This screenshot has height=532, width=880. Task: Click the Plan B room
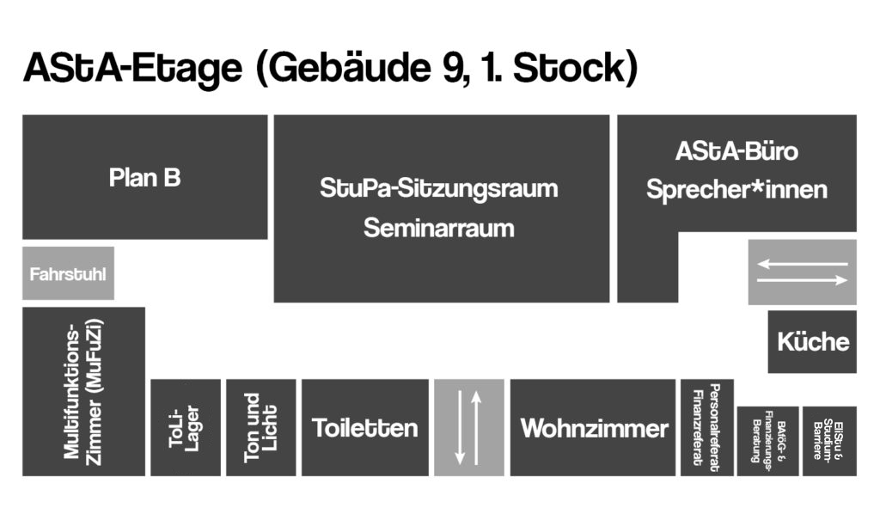point(144,177)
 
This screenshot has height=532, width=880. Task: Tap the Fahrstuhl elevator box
point(69,273)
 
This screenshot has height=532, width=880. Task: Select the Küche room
point(812,342)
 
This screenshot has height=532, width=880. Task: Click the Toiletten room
point(364,428)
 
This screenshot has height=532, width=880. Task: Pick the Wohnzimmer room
point(593,428)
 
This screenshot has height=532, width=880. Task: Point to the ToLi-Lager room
point(186,428)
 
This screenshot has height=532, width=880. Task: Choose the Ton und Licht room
point(261,428)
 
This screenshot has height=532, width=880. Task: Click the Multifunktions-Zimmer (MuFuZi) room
point(83,392)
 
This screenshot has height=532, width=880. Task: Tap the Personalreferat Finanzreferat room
point(707,428)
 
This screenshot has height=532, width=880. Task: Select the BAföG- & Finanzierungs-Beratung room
point(767,441)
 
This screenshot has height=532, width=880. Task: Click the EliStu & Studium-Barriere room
point(829,441)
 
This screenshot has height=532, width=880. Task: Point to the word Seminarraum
point(439,229)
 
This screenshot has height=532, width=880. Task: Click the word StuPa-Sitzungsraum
point(439,188)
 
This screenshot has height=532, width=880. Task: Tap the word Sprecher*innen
point(736,190)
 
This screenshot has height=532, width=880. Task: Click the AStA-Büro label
point(736,151)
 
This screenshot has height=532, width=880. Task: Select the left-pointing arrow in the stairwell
point(803,264)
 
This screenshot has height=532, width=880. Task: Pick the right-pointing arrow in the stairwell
point(803,279)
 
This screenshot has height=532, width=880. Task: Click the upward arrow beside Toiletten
point(476,428)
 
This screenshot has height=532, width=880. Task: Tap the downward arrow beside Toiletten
point(460,428)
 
